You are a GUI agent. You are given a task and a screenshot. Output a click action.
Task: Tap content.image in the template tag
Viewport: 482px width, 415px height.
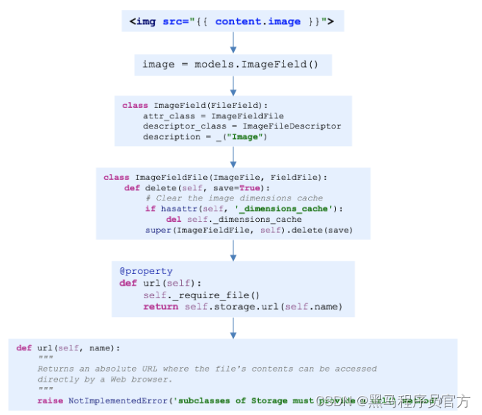pos(258,21)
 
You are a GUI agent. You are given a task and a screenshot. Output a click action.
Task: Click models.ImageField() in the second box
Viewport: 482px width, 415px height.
pos(256,64)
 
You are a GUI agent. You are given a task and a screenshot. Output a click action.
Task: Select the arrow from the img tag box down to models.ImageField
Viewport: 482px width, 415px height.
pos(233,43)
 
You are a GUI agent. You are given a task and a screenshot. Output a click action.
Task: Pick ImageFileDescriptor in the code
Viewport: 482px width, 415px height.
pos(292,126)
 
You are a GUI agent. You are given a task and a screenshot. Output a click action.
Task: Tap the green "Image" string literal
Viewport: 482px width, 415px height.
pos(248,137)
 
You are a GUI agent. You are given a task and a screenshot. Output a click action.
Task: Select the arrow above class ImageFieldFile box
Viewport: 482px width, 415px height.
pos(233,156)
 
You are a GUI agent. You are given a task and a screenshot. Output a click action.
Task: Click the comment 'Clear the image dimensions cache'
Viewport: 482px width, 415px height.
pos(234,198)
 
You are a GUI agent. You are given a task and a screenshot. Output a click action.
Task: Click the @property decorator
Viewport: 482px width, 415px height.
pos(146,271)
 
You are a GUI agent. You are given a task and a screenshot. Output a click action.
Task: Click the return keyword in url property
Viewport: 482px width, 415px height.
pos(161,306)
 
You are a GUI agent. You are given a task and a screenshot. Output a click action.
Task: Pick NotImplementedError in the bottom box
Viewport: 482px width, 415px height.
pos(115,401)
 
